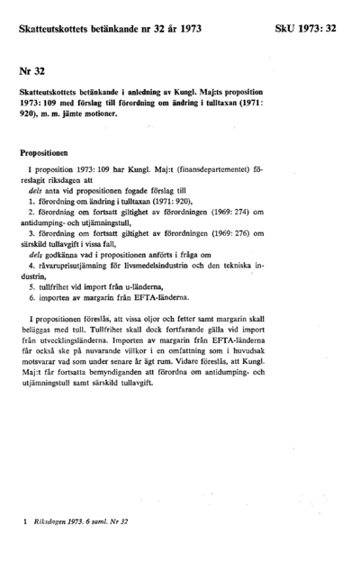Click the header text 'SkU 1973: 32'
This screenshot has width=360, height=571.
tap(306, 30)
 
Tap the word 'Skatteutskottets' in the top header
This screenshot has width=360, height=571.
tap(58, 30)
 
